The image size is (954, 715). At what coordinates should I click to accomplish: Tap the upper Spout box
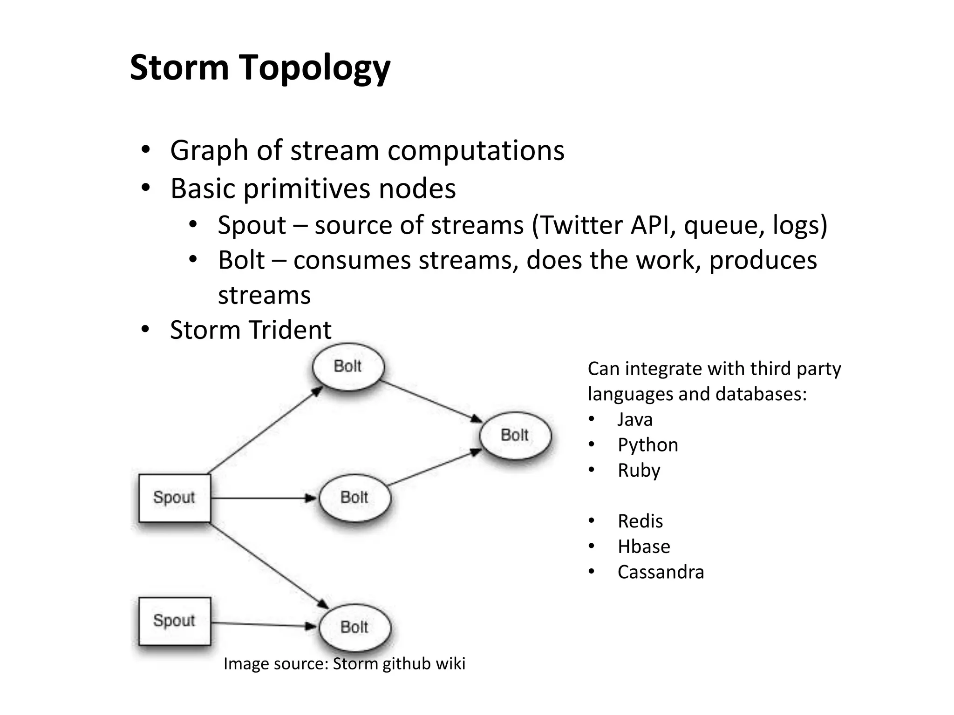click(175, 498)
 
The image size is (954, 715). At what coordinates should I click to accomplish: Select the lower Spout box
click(175, 621)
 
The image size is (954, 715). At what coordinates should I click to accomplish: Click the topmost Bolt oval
click(348, 367)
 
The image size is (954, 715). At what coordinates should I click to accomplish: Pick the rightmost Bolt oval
click(515, 436)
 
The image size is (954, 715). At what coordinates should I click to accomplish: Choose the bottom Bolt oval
click(354, 627)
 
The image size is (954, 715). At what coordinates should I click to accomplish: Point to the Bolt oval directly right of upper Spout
click(354, 498)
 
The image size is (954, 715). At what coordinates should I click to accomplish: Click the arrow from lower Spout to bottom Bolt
click(263, 625)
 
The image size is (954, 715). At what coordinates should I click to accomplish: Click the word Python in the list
click(647, 445)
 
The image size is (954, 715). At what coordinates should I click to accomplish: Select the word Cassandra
click(661, 572)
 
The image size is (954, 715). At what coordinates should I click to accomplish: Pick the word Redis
click(640, 521)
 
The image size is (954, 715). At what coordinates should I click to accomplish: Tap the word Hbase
click(644, 546)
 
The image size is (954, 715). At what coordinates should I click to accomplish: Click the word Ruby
click(639, 471)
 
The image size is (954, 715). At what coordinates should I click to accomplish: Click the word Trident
click(290, 330)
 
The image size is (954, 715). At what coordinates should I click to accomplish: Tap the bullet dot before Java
click(592, 419)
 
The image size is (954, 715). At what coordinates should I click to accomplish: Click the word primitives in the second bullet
click(307, 189)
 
